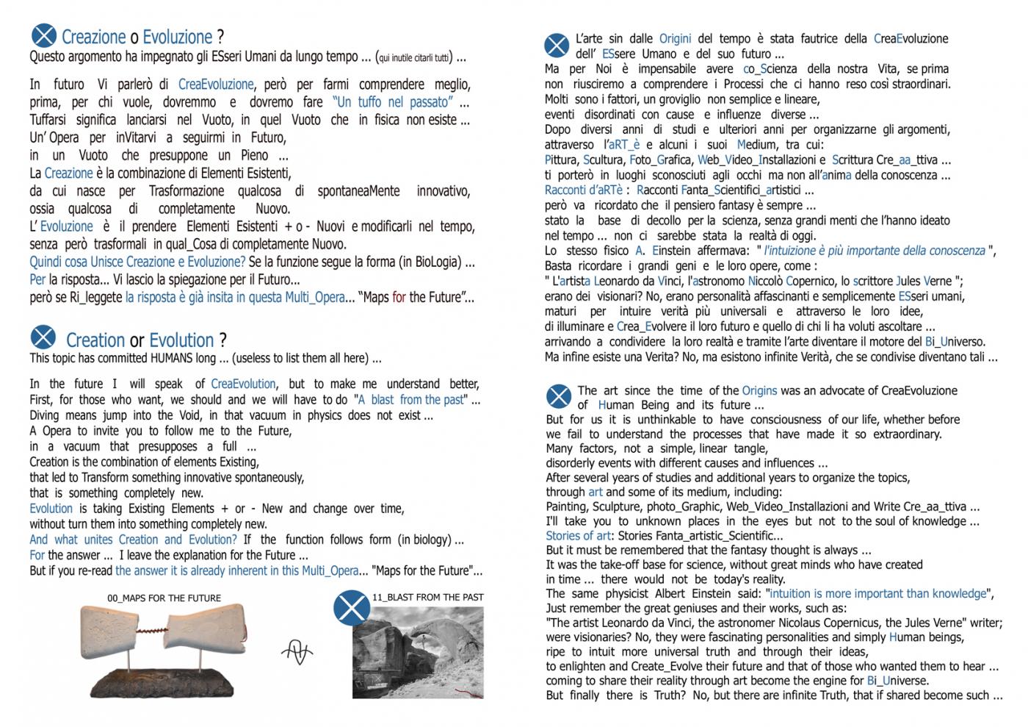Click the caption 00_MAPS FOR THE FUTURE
[x=164, y=598]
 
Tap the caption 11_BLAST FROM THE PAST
[x=428, y=597]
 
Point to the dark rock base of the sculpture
[x=163, y=679]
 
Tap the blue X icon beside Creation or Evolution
[x=43, y=337]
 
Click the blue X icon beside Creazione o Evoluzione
[x=44, y=35]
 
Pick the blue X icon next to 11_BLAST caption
[x=352, y=608]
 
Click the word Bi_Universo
[x=955, y=342]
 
